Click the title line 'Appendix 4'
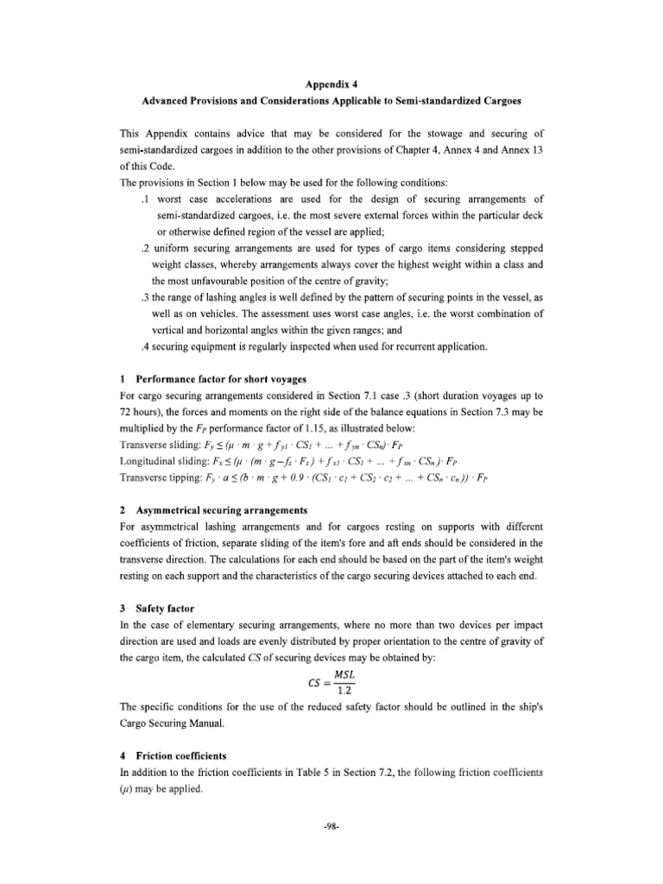click(332, 85)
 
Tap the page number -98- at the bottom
click(332, 827)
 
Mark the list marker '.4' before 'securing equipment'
click(145, 347)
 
